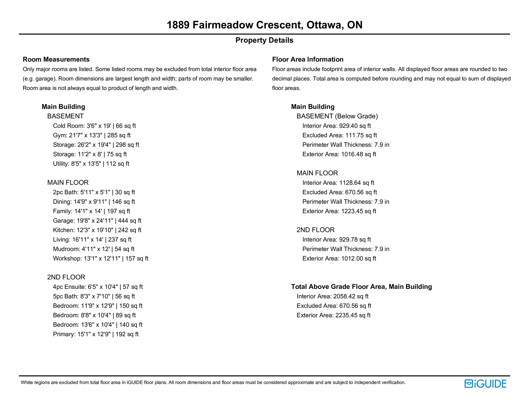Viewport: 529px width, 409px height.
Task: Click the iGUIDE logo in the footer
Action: pyautogui.click(x=485, y=384)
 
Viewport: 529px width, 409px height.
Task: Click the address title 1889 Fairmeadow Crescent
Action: pyautogui.click(x=264, y=25)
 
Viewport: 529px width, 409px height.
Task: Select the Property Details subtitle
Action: pyautogui.click(x=264, y=40)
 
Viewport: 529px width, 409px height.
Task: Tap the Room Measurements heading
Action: pyautogui.click(x=56, y=60)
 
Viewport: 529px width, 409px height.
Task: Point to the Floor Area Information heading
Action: pyautogui.click(x=307, y=60)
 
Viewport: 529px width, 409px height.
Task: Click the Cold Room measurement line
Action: pyautogui.click(x=94, y=126)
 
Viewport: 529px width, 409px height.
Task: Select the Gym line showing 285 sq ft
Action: pyautogui.click(x=92, y=135)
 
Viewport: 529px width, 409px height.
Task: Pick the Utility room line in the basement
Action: pyautogui.click(x=91, y=164)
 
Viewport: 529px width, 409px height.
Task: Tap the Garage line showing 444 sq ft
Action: pyautogui.click(x=97, y=221)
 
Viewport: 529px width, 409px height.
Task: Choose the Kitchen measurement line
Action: pyautogui.click(x=97, y=230)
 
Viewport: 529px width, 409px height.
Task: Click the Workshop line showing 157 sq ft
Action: pyautogui.click(x=101, y=258)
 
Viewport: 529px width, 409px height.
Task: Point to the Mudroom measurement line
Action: pyautogui.click(x=94, y=249)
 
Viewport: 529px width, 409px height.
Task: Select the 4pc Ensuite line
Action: pyautogui.click(x=98, y=287)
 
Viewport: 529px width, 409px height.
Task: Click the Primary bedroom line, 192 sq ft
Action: pyautogui.click(x=96, y=334)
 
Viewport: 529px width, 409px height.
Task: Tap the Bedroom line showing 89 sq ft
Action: pyautogui.click(x=94, y=315)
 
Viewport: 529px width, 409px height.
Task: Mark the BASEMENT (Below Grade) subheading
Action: pyautogui.click(x=337, y=116)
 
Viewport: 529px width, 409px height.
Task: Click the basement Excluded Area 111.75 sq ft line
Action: pyautogui.click(x=340, y=135)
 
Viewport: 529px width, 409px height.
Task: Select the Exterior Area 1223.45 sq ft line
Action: pyautogui.click(x=339, y=211)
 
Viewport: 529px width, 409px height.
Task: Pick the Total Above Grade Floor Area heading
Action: pyautogui.click(x=361, y=287)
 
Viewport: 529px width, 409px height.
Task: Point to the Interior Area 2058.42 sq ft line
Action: pyautogui.click(x=332, y=296)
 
